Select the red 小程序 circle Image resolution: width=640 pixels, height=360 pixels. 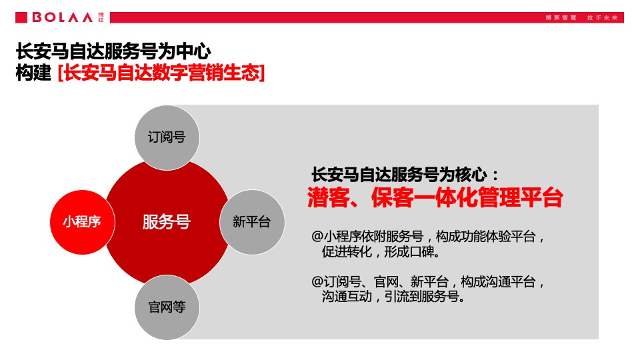coord(82,222)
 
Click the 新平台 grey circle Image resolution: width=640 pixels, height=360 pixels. coord(251,222)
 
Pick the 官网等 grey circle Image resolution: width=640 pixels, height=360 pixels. coord(167,307)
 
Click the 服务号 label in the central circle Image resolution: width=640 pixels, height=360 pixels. coord(166,222)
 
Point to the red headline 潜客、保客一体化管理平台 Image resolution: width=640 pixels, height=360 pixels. coord(435,198)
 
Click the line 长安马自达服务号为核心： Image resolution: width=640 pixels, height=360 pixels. coord(405,175)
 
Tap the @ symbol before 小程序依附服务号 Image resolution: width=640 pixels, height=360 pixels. coord(317,237)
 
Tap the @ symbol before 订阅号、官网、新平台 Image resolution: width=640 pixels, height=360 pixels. coord(317,282)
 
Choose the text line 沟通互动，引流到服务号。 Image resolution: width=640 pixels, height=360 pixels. coord(393,297)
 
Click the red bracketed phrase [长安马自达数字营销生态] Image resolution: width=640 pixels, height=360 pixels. coord(161,73)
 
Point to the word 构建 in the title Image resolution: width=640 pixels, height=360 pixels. coord(33,73)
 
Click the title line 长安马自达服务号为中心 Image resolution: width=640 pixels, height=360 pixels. coord(113,51)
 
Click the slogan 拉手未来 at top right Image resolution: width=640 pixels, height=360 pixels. coord(603,17)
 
